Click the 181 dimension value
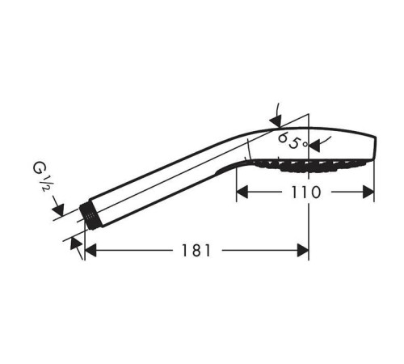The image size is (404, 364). tap(196, 251)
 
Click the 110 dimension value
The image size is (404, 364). tap(306, 193)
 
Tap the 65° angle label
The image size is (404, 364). tap(292, 141)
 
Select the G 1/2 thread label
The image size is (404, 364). tap(41, 176)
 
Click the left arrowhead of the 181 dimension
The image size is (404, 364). tap(90, 251)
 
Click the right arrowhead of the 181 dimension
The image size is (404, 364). tap(303, 251)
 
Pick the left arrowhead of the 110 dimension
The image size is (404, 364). tap(242, 192)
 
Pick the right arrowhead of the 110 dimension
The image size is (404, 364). tap(368, 192)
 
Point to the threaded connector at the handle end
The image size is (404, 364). tap(90, 216)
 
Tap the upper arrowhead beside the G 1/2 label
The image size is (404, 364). tap(59, 210)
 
